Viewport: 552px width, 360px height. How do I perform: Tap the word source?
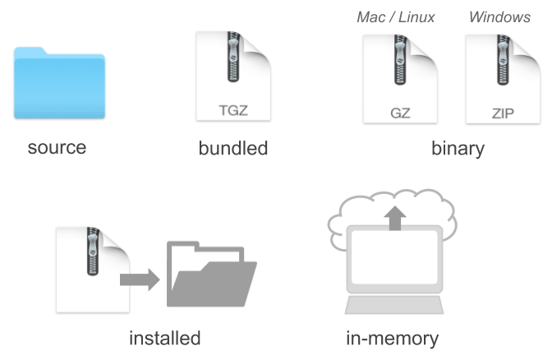coord(57,149)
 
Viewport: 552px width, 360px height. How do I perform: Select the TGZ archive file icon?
coord(232,76)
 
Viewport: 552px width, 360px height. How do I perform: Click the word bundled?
coord(233,149)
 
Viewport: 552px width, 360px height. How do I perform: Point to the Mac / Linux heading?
coord(396,17)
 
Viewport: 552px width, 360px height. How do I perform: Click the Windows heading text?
coord(499,17)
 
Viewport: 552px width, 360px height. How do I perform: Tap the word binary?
coord(458,149)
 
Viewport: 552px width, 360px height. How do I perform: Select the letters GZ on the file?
coord(400,112)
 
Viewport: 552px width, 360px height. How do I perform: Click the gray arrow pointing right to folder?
coord(140,279)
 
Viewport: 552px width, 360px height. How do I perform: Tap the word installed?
coord(164,338)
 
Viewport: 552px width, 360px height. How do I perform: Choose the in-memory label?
coord(392,338)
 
